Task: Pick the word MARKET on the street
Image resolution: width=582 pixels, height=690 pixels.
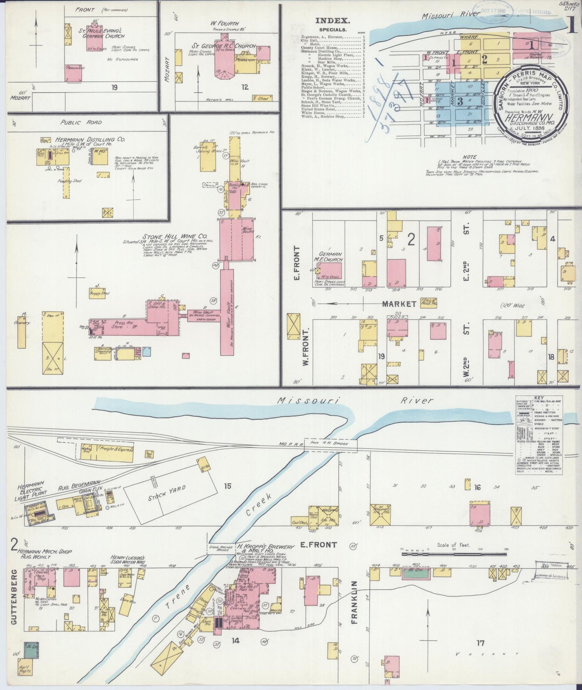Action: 399,304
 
